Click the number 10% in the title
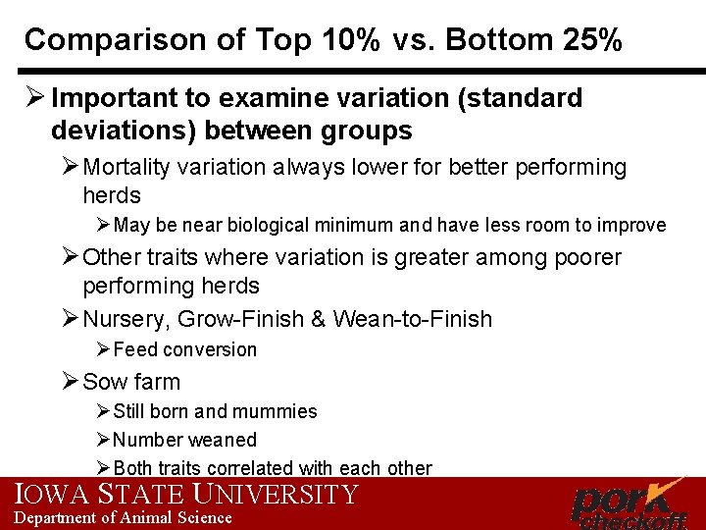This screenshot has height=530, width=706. (343, 40)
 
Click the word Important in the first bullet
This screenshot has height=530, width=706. (104, 98)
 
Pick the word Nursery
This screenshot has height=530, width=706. (122, 319)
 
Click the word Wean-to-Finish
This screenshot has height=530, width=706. (413, 319)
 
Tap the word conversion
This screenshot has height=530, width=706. (210, 350)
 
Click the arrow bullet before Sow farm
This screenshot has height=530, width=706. (70, 381)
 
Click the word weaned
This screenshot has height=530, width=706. (225, 440)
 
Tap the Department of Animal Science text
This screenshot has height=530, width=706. (123, 517)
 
